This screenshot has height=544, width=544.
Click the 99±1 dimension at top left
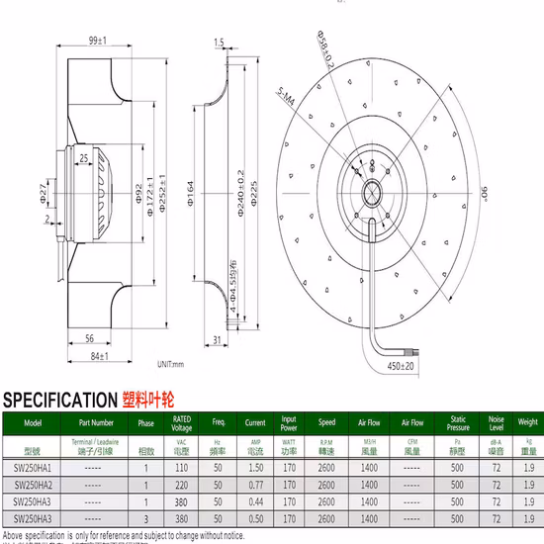[x=96, y=40]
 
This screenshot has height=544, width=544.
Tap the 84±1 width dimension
[x=96, y=355]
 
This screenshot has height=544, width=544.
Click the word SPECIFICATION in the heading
[x=60, y=401]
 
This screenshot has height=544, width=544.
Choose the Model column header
[x=33, y=421]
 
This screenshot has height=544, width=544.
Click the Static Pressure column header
[x=458, y=425]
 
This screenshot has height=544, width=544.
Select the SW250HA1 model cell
[x=33, y=466]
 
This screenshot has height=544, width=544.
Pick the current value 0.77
[x=254, y=485]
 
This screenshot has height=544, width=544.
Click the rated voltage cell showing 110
[x=181, y=466]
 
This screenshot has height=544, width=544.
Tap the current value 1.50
[x=254, y=466]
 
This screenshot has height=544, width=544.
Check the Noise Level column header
[x=496, y=425]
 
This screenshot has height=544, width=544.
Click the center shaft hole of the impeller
[x=375, y=188]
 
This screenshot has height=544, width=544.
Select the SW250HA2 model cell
[x=33, y=485]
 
